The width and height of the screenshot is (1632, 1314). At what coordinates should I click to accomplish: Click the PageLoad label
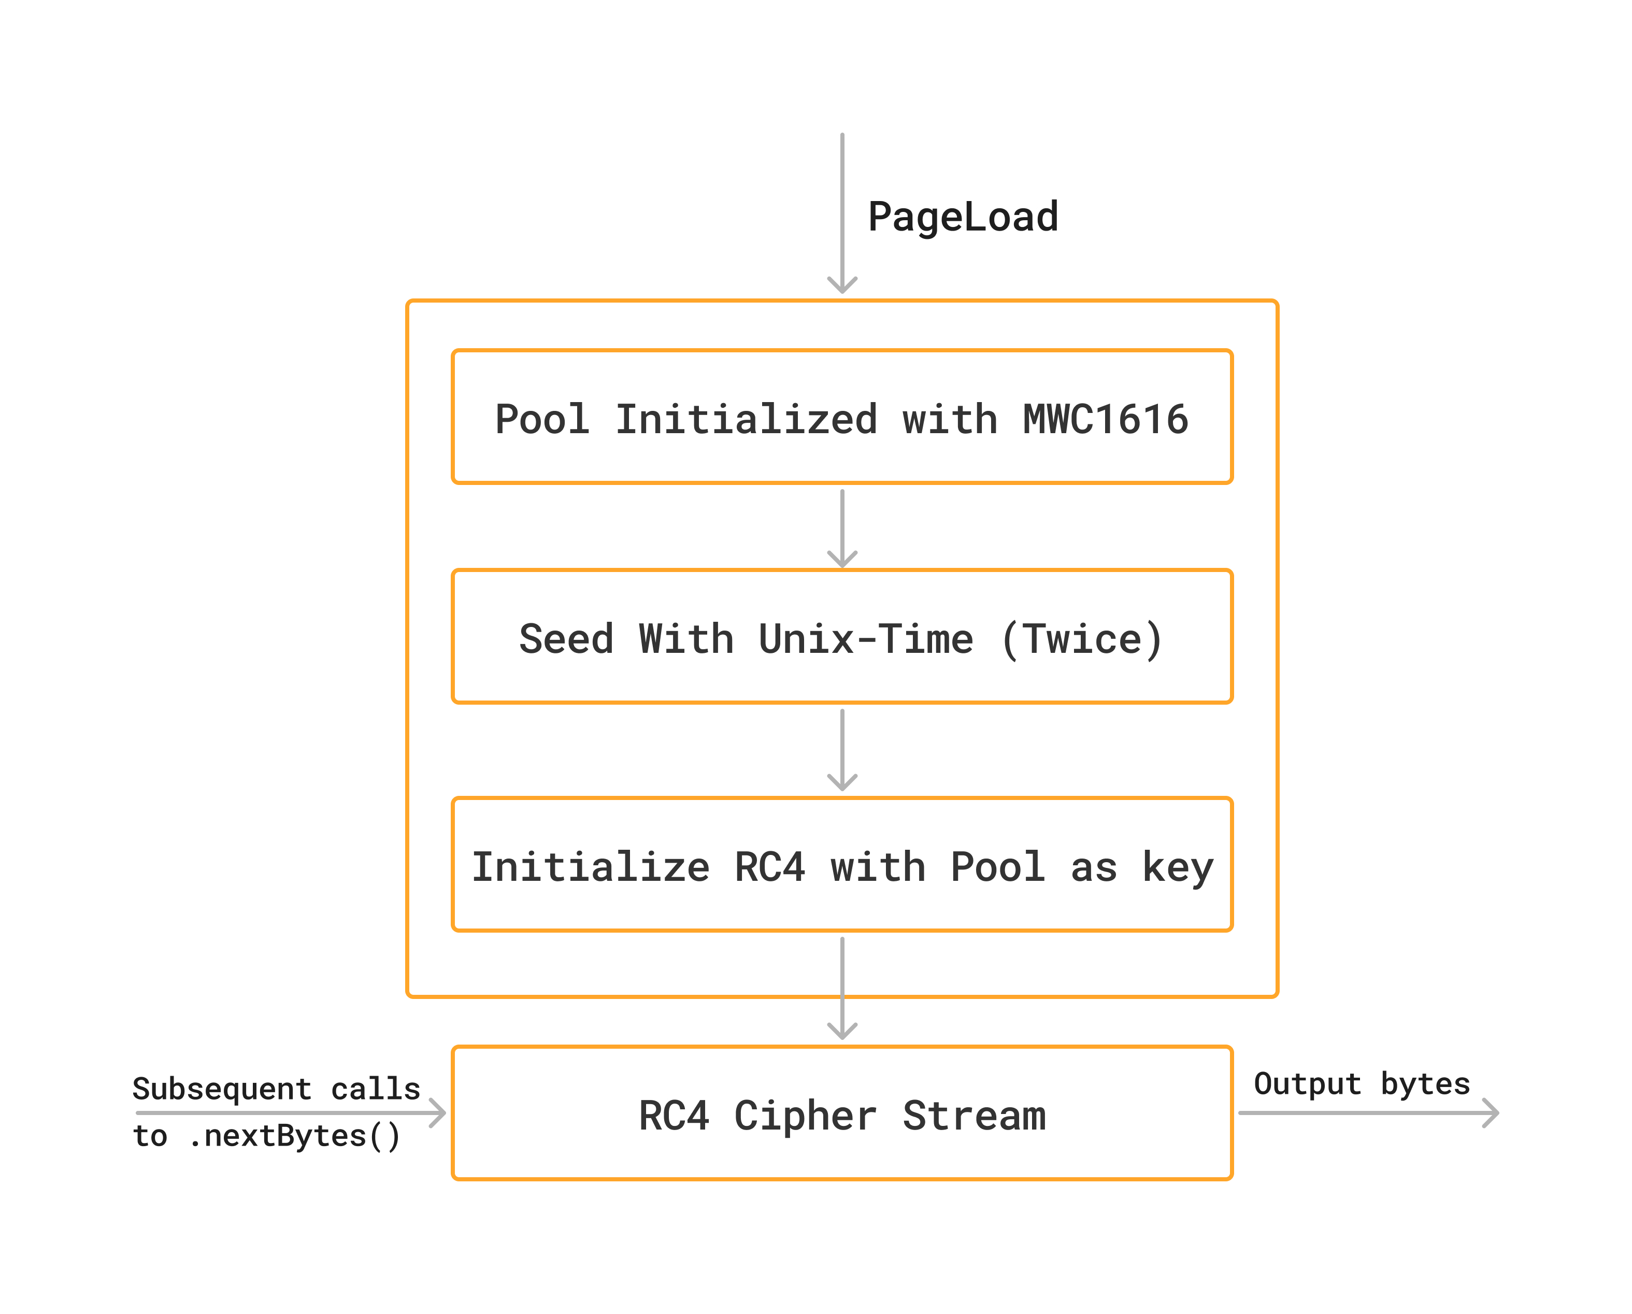point(962,217)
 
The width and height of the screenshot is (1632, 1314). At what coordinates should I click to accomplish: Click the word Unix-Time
point(865,639)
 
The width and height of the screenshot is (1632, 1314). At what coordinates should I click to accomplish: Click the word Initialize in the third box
point(591,867)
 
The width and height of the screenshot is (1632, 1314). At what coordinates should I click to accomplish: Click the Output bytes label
point(1361,1084)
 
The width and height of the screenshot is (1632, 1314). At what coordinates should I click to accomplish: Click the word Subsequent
point(221,1089)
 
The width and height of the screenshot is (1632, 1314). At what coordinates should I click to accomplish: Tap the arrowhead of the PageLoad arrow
point(842,286)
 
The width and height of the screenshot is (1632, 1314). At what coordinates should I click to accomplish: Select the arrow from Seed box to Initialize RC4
point(842,749)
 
